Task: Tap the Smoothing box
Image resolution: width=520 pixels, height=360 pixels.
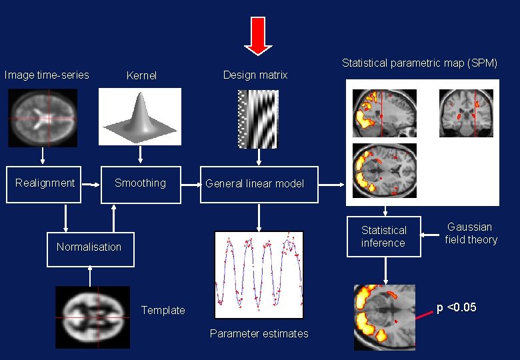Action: (x=140, y=183)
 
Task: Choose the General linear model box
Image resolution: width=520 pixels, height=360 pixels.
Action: (x=259, y=184)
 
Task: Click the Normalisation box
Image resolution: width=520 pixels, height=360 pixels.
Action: (x=90, y=247)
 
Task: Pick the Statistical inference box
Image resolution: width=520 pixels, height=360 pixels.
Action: (x=383, y=237)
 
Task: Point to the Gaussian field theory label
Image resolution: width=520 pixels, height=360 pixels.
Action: (x=471, y=233)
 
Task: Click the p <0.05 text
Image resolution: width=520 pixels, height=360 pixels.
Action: (x=457, y=307)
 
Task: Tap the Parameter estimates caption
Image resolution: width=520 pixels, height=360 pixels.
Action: (x=259, y=333)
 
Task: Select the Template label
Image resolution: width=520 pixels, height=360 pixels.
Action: (x=163, y=310)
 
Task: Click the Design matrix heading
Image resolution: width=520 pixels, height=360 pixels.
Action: (x=255, y=75)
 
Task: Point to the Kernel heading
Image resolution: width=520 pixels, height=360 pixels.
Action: (x=141, y=76)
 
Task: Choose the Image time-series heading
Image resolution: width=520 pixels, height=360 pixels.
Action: (x=47, y=75)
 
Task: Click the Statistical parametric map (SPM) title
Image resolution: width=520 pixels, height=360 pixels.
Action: (x=420, y=63)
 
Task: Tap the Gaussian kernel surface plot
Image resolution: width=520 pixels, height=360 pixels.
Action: (x=140, y=118)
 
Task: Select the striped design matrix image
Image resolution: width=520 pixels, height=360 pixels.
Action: (x=258, y=119)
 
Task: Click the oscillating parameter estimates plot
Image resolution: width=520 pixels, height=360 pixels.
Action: (x=259, y=275)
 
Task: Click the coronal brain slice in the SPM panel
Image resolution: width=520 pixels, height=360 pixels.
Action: (x=467, y=112)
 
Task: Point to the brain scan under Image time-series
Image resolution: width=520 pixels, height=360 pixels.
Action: (x=43, y=118)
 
